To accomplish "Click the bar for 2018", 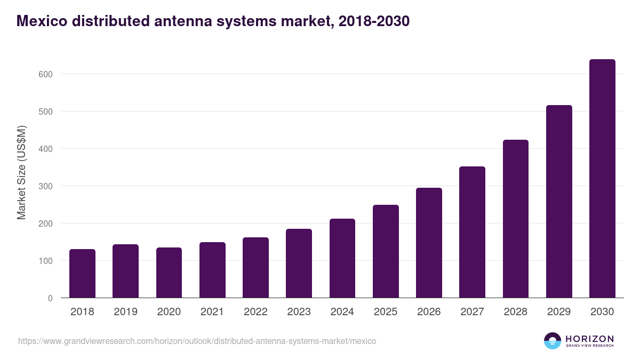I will pyautogui.click(x=82, y=274).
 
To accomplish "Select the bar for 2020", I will pyautogui.click(x=169, y=273).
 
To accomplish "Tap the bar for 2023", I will pyautogui.click(x=299, y=263).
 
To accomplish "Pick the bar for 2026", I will pyautogui.click(x=429, y=243).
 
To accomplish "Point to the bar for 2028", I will pyautogui.click(x=515, y=219).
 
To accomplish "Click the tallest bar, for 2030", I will pyautogui.click(x=602, y=179).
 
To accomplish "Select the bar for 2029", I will pyautogui.click(x=559, y=202).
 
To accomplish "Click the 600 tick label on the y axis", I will pyautogui.click(x=46, y=74).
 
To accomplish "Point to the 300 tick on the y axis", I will pyautogui.click(x=46, y=186).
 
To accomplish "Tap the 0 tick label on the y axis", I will pyautogui.click(x=50, y=298).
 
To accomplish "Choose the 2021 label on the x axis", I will pyautogui.click(x=212, y=312).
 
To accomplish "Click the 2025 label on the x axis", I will pyautogui.click(x=386, y=312).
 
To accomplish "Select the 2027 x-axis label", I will pyautogui.click(x=472, y=312).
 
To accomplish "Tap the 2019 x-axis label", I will pyautogui.click(x=125, y=312).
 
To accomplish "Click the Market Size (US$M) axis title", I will pyautogui.click(x=22, y=172).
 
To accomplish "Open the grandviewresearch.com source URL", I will pyautogui.click(x=197, y=341).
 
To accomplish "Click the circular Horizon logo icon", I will pyautogui.click(x=553, y=341).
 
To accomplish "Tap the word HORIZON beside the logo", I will pyautogui.click(x=589, y=339).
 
